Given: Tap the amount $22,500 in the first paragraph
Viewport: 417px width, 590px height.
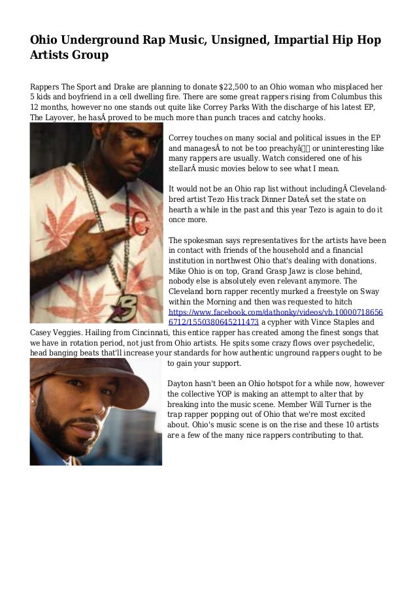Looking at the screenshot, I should (233, 86).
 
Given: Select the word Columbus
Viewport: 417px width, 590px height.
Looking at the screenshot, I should (347, 97).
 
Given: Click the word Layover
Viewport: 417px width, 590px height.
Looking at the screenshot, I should (64, 118).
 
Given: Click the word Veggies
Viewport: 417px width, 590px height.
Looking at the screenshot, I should (73, 333).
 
